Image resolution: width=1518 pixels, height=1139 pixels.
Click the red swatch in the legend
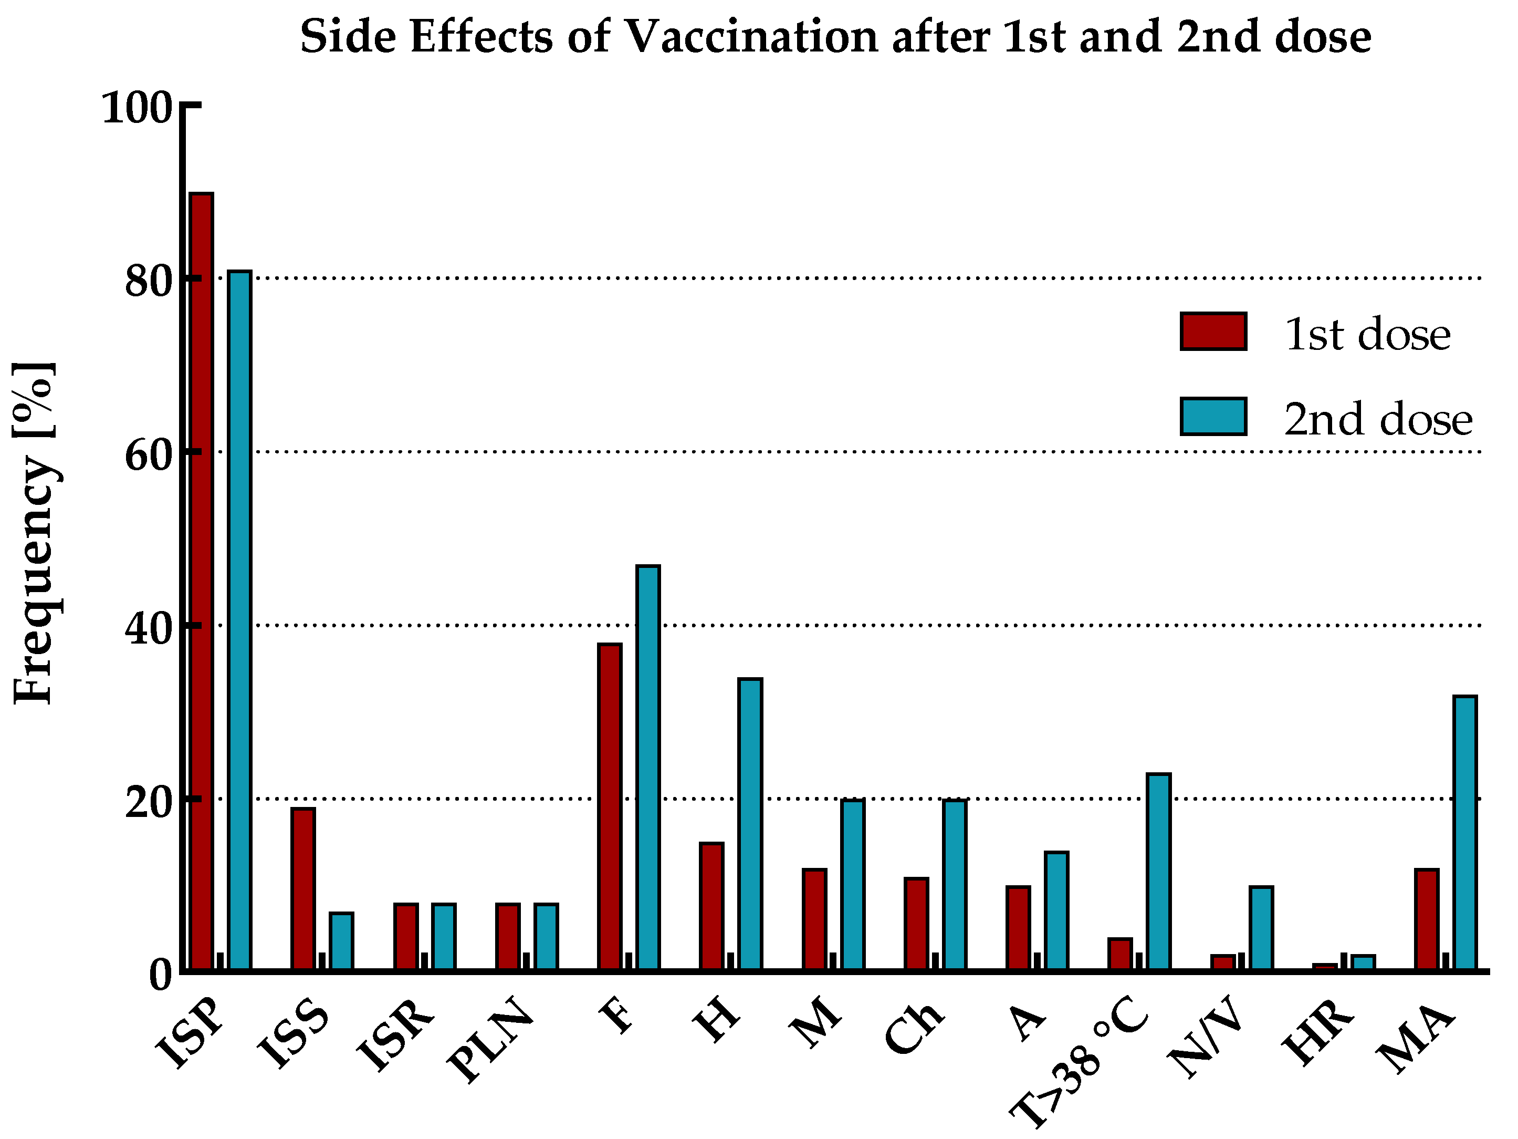click(x=1213, y=332)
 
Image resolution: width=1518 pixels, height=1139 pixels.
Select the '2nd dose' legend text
click(x=1378, y=419)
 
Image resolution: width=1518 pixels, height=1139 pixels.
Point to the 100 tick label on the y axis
click(x=136, y=108)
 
